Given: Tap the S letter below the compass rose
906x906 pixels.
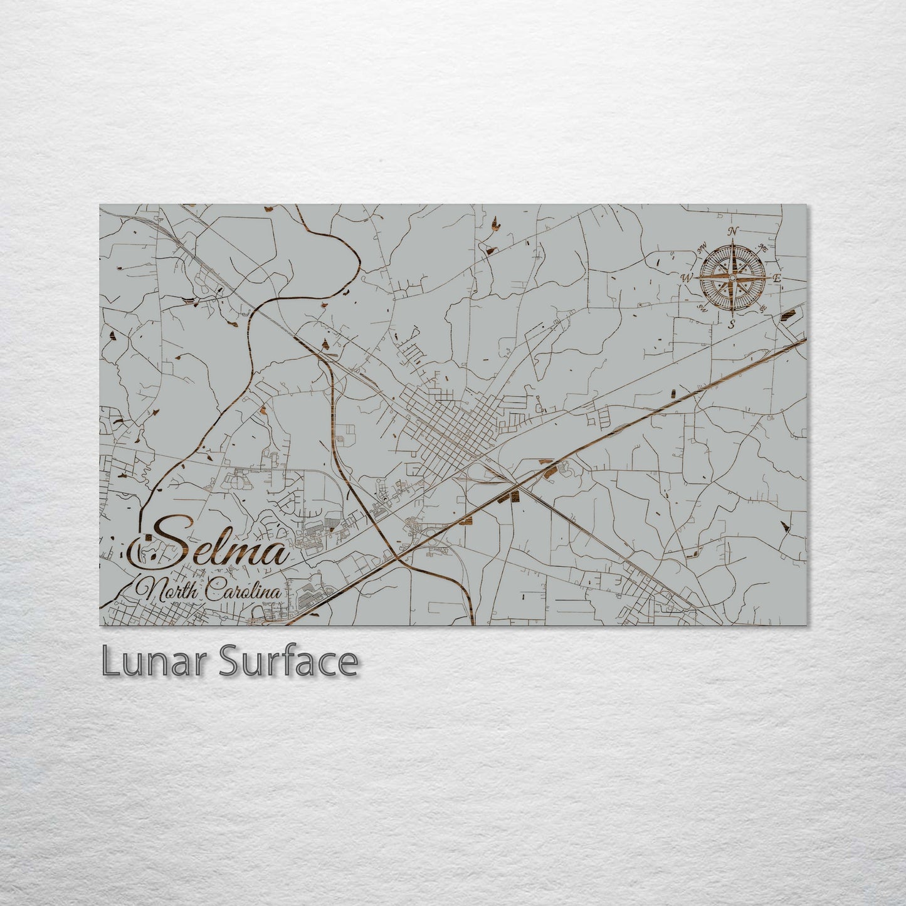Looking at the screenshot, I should click(731, 324).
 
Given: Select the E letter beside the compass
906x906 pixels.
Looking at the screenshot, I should click(776, 278).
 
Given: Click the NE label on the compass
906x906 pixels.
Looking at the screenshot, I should click(762, 247).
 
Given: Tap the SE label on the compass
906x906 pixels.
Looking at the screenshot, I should click(762, 308).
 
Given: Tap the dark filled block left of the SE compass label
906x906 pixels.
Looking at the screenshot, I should click(787, 311).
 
